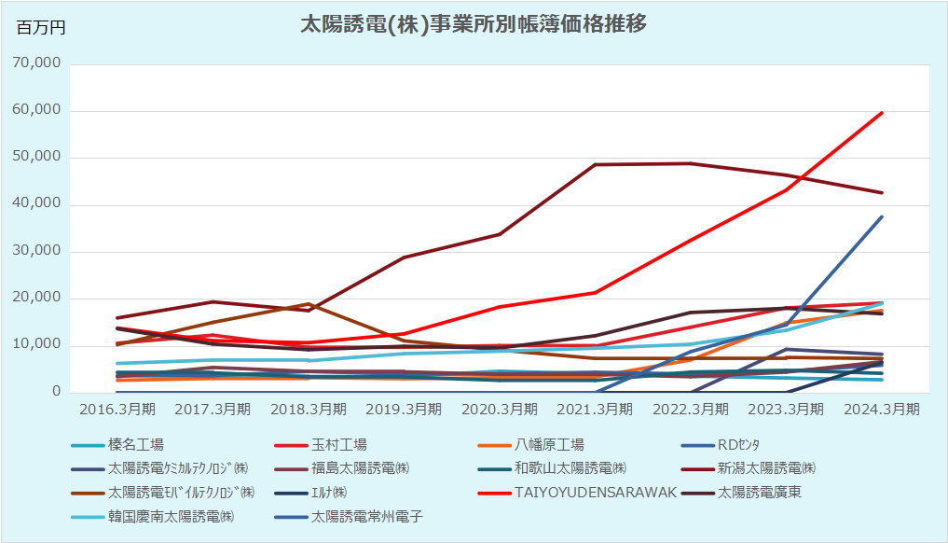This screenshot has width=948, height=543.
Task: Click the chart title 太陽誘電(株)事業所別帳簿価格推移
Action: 473,24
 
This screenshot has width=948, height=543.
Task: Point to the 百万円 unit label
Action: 41,28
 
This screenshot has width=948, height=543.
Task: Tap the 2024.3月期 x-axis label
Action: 881,410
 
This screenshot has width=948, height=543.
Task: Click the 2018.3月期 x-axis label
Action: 308,410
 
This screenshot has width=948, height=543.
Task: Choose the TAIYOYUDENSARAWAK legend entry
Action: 595,493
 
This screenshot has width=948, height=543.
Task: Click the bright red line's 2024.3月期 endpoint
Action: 881,113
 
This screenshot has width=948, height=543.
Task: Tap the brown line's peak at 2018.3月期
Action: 308,304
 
